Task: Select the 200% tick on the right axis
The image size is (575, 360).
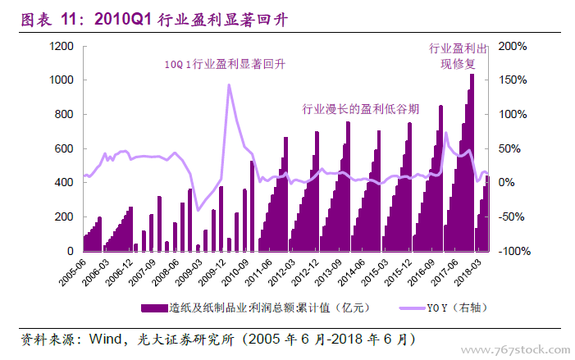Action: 513,46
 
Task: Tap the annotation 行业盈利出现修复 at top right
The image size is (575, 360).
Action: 461,56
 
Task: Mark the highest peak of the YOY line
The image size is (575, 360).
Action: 229,84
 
